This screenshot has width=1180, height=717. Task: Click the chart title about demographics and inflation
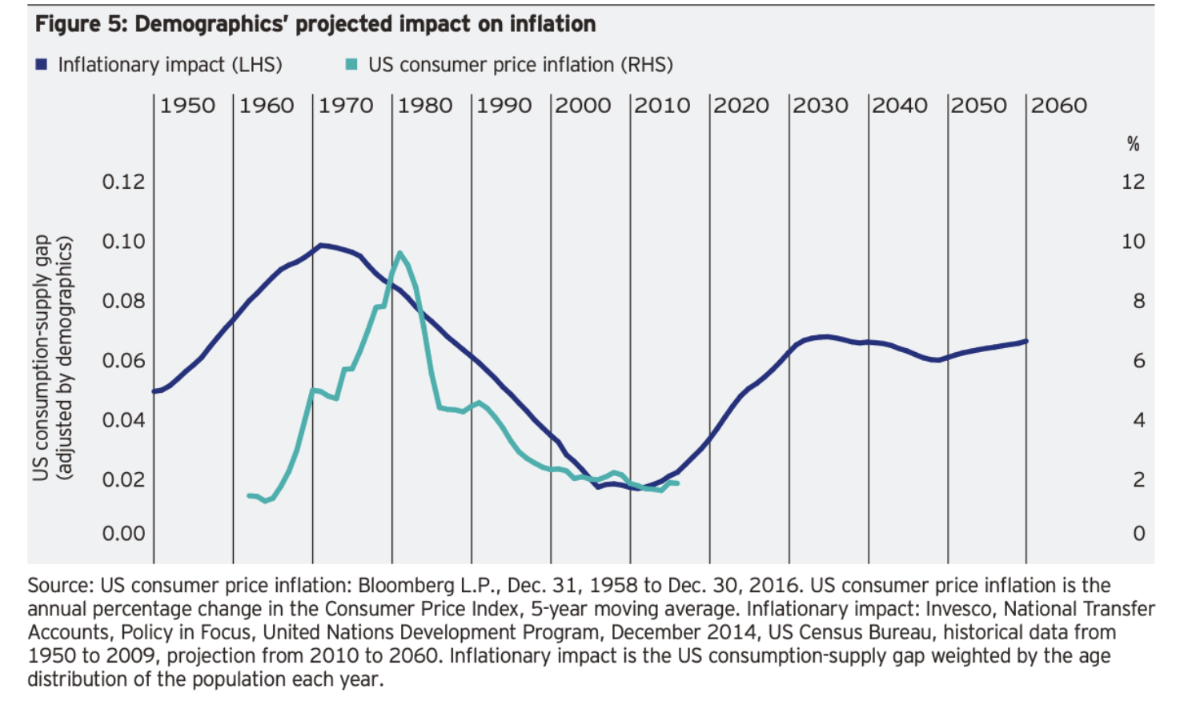pyautogui.click(x=315, y=24)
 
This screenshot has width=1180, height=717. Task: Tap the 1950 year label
pyautogui.click(x=187, y=106)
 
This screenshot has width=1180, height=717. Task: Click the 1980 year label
pyautogui.click(x=425, y=106)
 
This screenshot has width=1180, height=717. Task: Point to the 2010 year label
pyautogui.click(x=662, y=106)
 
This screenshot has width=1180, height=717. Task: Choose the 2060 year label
pyautogui.click(x=1058, y=106)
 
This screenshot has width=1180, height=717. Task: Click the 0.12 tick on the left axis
pyautogui.click(x=123, y=182)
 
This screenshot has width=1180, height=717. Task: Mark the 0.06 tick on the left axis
pyautogui.click(x=123, y=361)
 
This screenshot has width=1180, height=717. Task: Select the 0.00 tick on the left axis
pyautogui.click(x=123, y=534)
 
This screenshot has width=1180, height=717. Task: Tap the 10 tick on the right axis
pyautogui.click(x=1133, y=242)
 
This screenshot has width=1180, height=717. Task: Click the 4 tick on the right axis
pyautogui.click(x=1138, y=420)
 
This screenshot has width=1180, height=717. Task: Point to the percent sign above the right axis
pyautogui.click(x=1133, y=144)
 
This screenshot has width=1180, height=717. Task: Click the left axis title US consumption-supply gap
pyautogui.click(x=42, y=358)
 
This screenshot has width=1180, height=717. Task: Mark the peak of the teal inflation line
pyautogui.click(x=399, y=254)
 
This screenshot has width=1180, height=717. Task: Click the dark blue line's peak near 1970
pyautogui.click(x=321, y=245)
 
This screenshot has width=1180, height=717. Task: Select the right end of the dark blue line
pyautogui.click(x=1025, y=341)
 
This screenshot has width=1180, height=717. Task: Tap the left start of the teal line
pyautogui.click(x=249, y=495)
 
